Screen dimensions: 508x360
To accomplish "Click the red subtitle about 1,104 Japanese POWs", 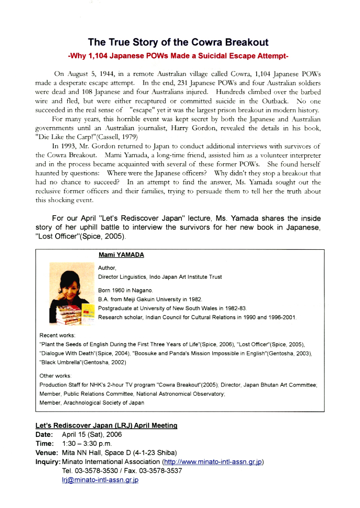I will click(x=178, y=56).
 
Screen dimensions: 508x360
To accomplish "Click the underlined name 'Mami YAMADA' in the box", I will click(x=121, y=255).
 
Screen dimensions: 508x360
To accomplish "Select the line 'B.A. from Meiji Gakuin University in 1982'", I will click(x=150, y=299).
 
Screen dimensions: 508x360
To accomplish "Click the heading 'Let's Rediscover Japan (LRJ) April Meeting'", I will click(x=106, y=426).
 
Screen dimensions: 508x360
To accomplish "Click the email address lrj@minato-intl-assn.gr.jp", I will click(x=100, y=479).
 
